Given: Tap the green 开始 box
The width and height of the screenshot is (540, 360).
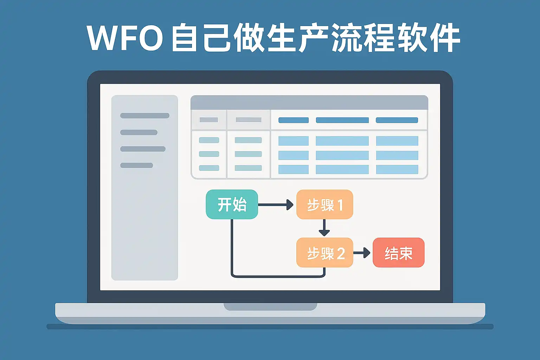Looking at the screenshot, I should click(232, 204).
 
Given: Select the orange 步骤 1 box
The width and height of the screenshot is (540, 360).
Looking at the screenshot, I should click(324, 204).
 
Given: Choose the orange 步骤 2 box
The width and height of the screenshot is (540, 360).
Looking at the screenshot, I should click(324, 253).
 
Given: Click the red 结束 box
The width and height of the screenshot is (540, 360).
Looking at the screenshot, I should click(398, 253).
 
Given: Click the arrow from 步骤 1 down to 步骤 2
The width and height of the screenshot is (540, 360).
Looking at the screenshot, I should click(324, 228).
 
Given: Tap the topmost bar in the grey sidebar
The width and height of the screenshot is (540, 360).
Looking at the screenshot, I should click(144, 116).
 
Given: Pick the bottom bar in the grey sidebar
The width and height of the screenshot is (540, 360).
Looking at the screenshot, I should click(136, 165).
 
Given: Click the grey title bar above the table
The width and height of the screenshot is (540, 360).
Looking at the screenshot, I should click(309, 102).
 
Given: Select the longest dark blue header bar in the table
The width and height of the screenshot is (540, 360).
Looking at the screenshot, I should click(342, 120).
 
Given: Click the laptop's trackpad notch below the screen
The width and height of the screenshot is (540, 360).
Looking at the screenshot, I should click(270, 307).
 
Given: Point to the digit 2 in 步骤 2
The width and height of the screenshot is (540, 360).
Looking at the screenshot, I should click(341, 253).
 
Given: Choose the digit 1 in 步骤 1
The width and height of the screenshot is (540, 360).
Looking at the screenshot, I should click(340, 205).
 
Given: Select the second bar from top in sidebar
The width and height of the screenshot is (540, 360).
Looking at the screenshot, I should click(139, 133).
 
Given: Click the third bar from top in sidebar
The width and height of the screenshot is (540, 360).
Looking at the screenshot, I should click(143, 149).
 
